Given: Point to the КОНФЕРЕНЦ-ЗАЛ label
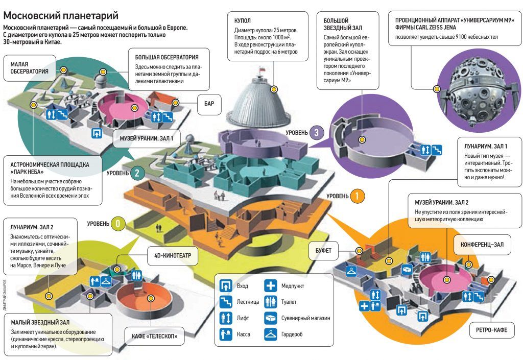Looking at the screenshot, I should (x=482, y=245).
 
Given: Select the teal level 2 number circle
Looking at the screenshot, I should (x=136, y=173).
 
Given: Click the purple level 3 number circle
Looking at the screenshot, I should (x=316, y=133).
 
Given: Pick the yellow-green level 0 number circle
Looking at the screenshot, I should (x=117, y=224).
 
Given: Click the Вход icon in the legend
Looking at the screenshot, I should (x=226, y=286).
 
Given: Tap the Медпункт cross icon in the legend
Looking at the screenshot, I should (x=270, y=286).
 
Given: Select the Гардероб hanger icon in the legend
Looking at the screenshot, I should (x=270, y=334).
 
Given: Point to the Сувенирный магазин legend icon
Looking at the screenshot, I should (x=270, y=318).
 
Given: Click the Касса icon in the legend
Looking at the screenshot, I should (x=226, y=334).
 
